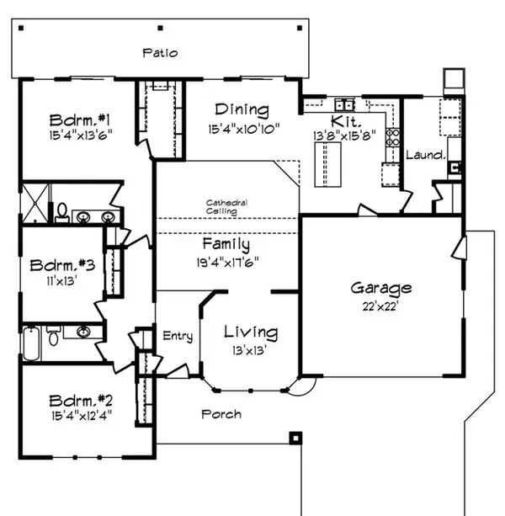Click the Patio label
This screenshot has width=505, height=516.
(x=160, y=53)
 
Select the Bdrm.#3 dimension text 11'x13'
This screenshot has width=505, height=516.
(x=59, y=284)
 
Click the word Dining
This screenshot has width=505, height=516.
(x=241, y=110)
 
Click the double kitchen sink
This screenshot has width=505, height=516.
(x=343, y=104)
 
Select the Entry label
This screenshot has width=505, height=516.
(x=178, y=337)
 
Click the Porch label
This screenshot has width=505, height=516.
(x=221, y=414)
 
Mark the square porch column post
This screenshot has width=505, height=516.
(x=295, y=438)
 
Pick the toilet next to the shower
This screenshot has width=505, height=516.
(x=61, y=212)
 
